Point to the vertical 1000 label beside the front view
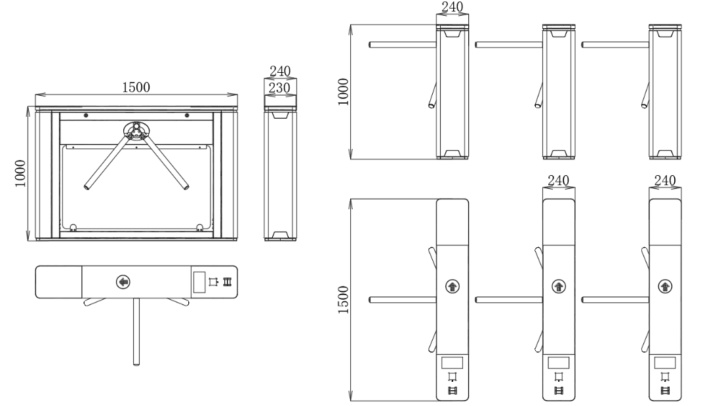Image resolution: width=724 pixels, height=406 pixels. point(21,173)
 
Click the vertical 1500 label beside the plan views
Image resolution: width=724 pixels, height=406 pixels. point(343,300)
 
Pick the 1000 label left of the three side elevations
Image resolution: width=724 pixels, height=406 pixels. point(343,91)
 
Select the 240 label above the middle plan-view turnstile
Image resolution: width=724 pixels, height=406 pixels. point(559,180)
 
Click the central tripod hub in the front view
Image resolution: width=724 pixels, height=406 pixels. point(136,130)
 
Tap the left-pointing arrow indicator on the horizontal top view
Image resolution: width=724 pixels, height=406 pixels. point(123,282)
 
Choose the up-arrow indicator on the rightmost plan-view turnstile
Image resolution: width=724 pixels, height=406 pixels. point(665,286)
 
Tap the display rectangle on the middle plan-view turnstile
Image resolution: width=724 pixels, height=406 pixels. point(559,361)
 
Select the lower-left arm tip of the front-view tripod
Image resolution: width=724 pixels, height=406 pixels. point(87,188)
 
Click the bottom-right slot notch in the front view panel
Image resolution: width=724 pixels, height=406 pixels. point(199,228)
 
